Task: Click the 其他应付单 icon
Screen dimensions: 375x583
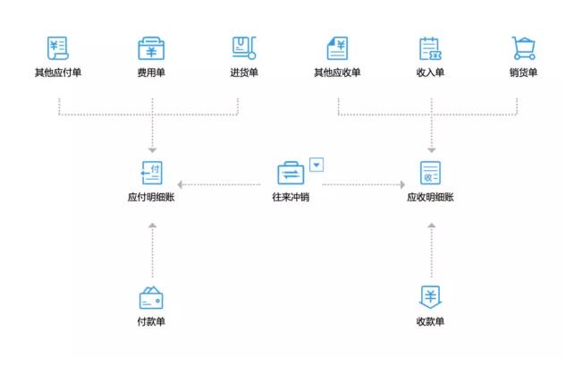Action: [x=60, y=48]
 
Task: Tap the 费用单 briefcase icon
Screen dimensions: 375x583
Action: [x=152, y=48]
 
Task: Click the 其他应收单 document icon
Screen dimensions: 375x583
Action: [x=337, y=48]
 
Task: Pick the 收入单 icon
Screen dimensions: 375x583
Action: [x=430, y=48]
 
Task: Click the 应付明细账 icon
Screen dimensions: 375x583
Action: [x=152, y=172]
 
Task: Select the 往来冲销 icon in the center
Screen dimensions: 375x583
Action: [x=291, y=173]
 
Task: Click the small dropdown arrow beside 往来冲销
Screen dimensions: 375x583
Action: [x=317, y=164]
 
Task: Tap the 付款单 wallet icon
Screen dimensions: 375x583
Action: [x=151, y=297]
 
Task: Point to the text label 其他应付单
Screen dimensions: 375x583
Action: [x=58, y=72]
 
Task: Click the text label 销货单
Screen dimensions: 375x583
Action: [x=522, y=72]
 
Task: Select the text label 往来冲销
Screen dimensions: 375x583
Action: [x=291, y=196]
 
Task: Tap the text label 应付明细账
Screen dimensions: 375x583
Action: [x=151, y=196]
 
